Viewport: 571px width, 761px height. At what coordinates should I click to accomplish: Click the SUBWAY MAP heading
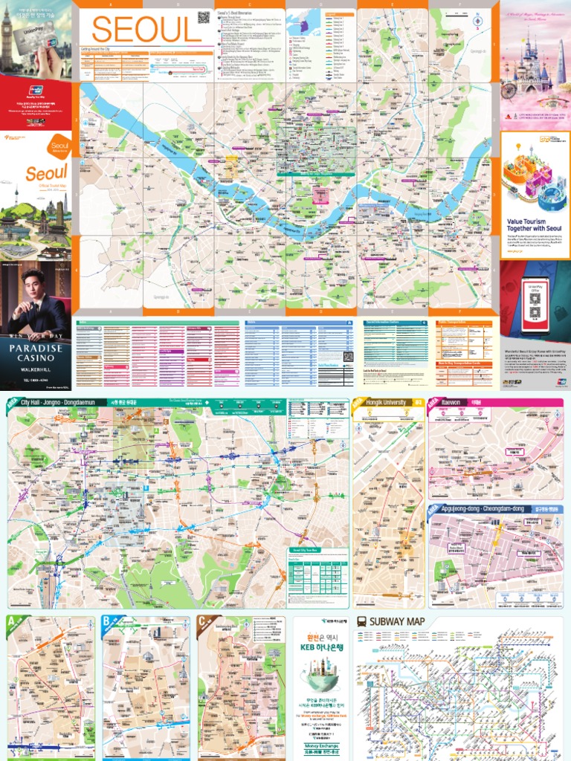(397, 621)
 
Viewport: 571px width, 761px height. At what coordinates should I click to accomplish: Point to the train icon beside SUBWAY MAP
(361, 621)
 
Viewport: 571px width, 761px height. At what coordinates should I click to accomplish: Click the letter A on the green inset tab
(11, 621)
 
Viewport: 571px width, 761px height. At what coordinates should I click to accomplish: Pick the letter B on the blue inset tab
(106, 621)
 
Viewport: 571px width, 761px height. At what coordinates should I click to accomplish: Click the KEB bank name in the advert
(323, 647)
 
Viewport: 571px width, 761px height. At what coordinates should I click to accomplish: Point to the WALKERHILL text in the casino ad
(36, 364)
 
